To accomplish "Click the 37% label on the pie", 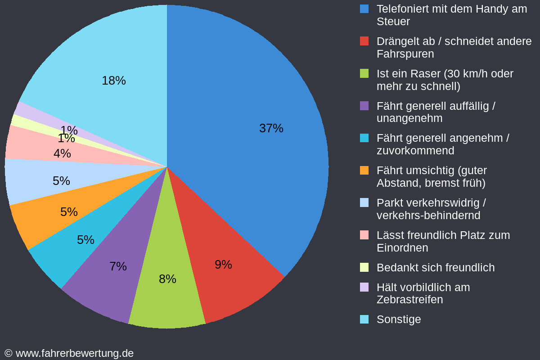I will [x=271, y=128].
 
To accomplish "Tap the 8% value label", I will [x=167, y=279].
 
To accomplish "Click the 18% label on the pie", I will [x=113, y=81].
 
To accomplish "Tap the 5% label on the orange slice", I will [x=69, y=212].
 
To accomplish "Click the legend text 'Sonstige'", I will [x=399, y=319].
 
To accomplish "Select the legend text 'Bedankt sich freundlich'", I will [x=435, y=268].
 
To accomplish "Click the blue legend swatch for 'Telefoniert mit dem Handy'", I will [x=364, y=9].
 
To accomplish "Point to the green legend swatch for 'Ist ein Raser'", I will [x=364, y=73].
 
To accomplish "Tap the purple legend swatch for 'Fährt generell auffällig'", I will [x=364, y=106].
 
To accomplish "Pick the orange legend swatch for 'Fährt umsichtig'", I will [x=364, y=171].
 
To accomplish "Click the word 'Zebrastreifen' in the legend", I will [x=409, y=300].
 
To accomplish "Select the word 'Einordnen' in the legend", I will [x=402, y=248].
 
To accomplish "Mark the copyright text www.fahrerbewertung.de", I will [x=74, y=353].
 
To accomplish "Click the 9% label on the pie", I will [x=223, y=265].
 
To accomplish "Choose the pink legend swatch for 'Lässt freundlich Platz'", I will [x=364, y=235].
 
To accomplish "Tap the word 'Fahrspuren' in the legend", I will [x=405, y=54].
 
